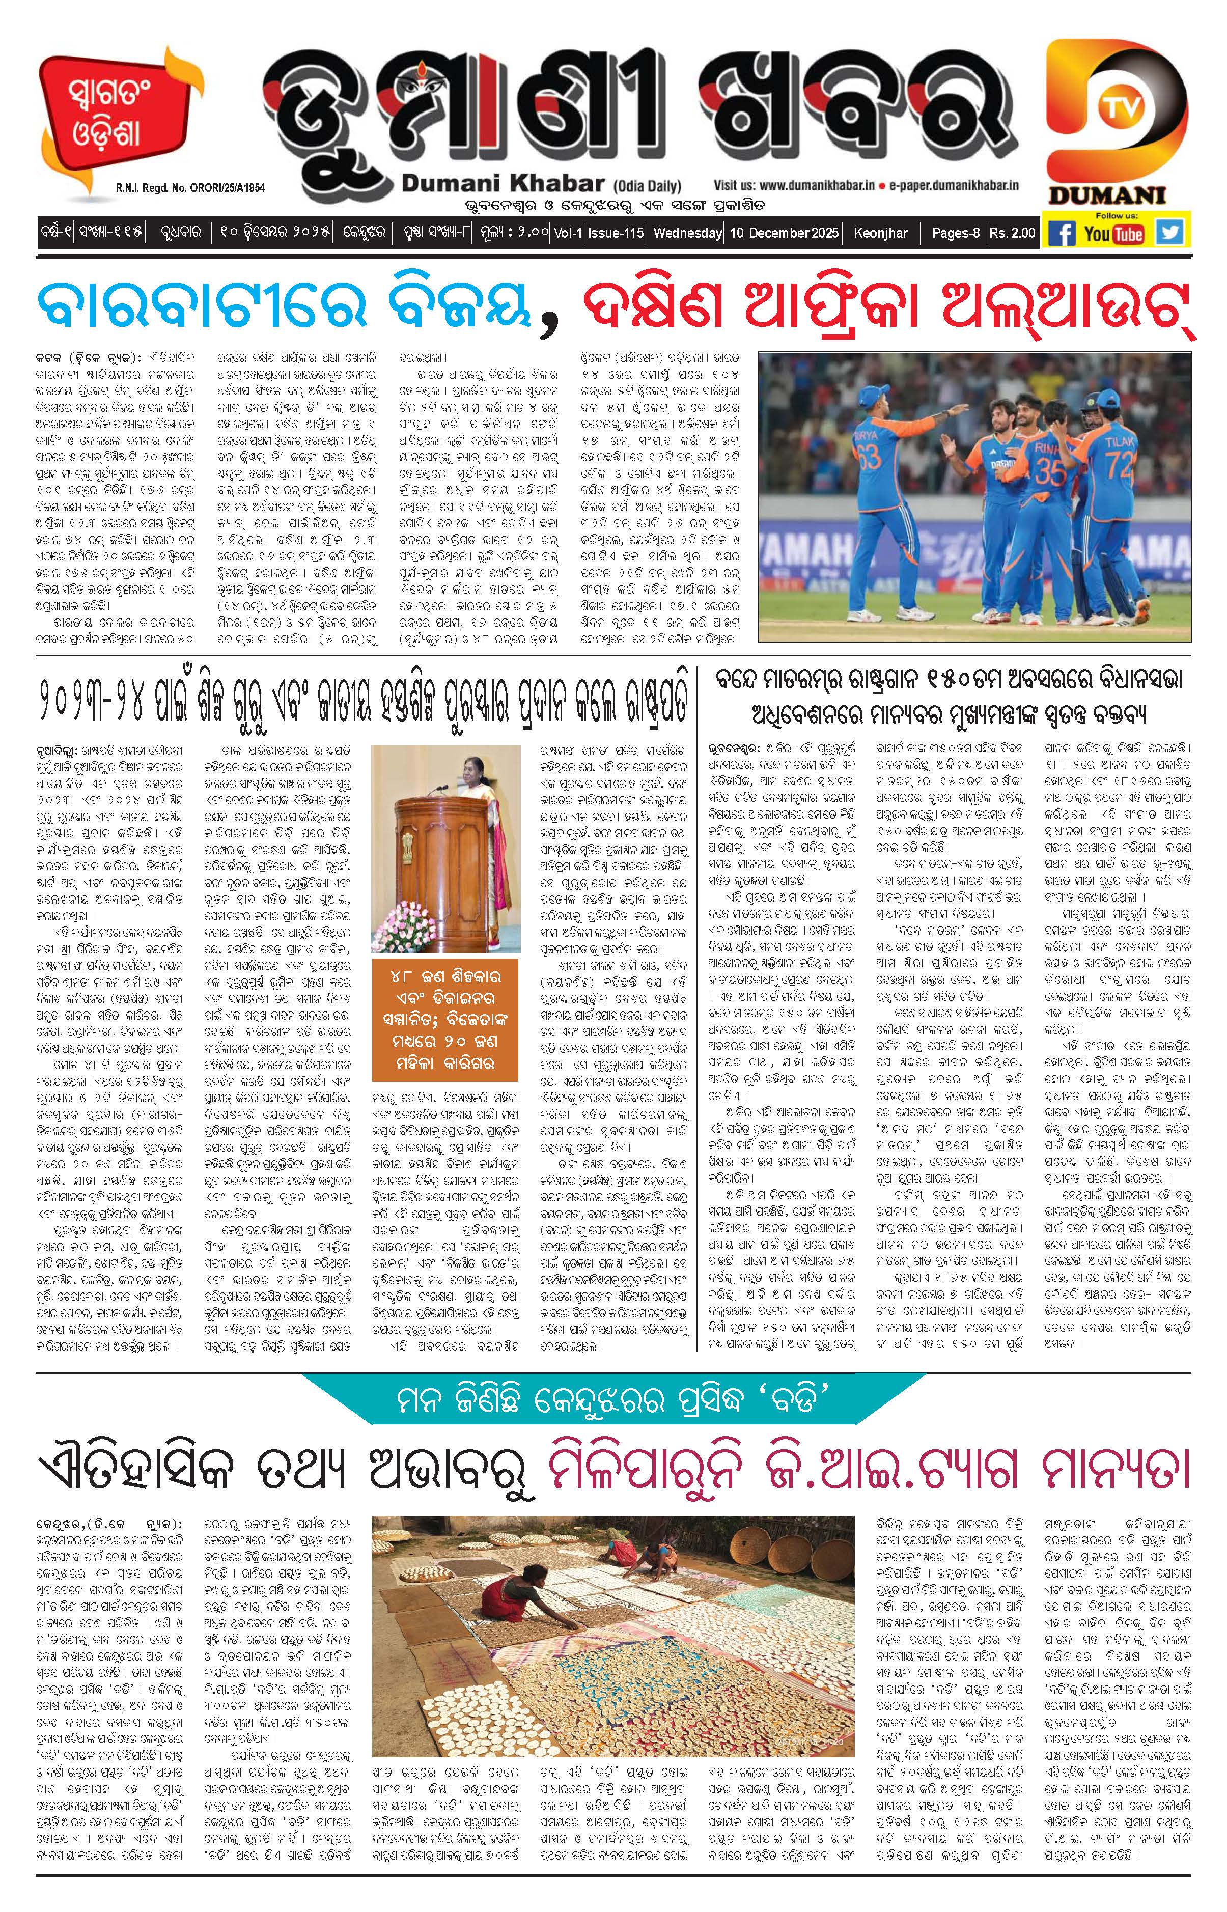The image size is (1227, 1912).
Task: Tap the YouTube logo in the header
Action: pyautogui.click(x=1114, y=234)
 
